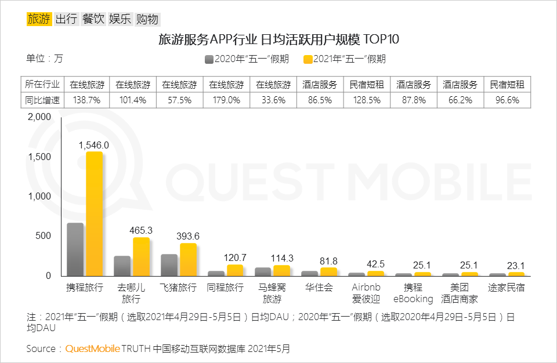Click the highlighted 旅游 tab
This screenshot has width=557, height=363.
(x=39, y=19)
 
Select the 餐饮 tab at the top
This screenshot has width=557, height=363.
(x=93, y=19)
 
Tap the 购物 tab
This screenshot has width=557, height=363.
(x=147, y=19)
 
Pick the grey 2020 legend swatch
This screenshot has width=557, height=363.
(x=209, y=59)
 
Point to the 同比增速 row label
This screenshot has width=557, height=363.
(x=43, y=100)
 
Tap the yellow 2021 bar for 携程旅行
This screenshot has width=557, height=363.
(x=94, y=213)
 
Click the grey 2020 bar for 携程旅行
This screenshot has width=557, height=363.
(x=75, y=249)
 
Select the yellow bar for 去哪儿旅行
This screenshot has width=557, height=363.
(x=141, y=256)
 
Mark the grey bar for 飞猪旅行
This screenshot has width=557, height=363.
(x=169, y=264)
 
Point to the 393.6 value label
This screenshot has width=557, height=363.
(x=188, y=236)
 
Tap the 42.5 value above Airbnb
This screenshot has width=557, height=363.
(x=375, y=264)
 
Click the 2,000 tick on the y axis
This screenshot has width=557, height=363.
(x=39, y=117)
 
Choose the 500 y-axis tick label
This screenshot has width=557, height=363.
(x=44, y=236)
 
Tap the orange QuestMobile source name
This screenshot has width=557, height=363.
(x=93, y=349)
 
